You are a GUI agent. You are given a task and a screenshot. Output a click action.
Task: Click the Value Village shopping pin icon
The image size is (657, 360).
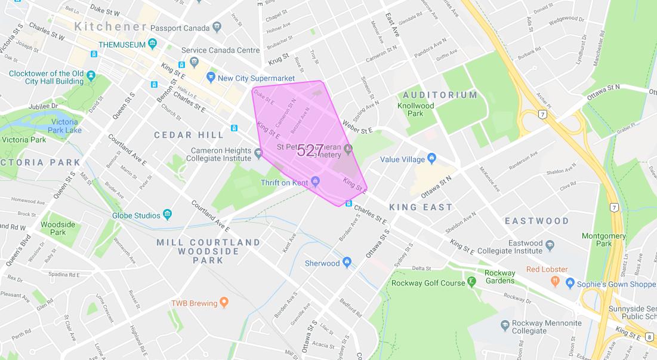click(432, 159)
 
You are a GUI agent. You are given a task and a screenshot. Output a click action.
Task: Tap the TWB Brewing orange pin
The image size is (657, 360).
click(224, 303)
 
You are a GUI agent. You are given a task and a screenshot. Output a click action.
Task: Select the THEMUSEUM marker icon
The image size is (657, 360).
click(153, 44)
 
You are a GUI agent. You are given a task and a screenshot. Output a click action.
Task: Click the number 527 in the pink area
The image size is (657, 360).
click(310, 150)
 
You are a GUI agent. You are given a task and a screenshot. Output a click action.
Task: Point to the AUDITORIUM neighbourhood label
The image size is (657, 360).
click(440, 95)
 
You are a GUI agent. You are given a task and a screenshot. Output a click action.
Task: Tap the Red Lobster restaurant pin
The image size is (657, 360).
click(555, 281)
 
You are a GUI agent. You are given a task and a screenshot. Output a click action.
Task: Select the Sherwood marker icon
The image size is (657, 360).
click(347, 263)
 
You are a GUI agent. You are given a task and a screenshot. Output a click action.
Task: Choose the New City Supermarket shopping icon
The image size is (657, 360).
click(210, 77)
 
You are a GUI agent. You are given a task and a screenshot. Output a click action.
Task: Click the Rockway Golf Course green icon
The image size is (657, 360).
click(472, 282)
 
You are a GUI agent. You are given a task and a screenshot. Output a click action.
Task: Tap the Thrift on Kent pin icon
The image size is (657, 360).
click(316, 181)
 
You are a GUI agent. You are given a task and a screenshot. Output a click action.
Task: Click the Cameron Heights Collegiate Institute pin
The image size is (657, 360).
click(258, 154)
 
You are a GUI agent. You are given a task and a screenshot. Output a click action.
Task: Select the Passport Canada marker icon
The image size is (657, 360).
click(217, 27)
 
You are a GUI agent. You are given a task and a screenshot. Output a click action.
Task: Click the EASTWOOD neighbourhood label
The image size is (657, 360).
click(536, 221)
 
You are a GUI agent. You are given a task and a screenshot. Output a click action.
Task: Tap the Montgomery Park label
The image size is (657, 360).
click(604, 239)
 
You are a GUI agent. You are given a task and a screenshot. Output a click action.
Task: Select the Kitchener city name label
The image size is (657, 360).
click(110, 27)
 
